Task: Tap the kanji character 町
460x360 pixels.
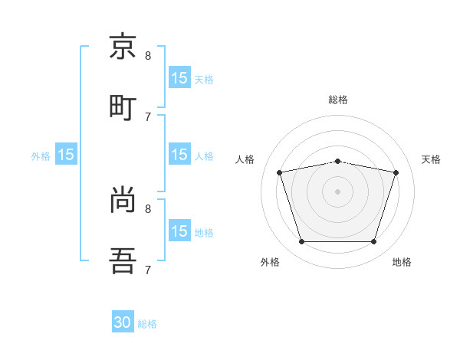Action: pyautogui.click(x=123, y=107)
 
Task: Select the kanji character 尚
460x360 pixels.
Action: pyautogui.click(x=123, y=200)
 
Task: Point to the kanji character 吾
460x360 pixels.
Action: pyautogui.click(x=123, y=260)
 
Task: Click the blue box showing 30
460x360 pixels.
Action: pyautogui.click(x=123, y=322)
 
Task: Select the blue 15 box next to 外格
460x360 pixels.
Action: pyautogui.click(x=66, y=155)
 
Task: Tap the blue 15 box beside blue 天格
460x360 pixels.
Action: pyautogui.click(x=179, y=77)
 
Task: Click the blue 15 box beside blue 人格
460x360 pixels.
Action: pyautogui.click(x=179, y=155)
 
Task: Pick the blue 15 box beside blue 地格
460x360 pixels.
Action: pyautogui.click(x=179, y=231)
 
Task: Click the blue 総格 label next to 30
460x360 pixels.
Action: pyautogui.click(x=147, y=324)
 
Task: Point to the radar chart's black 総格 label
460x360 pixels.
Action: pyautogui.click(x=338, y=100)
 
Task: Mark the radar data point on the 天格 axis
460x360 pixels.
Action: pyautogui.click(x=396, y=172)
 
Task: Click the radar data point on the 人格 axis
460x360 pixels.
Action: pyautogui.click(x=280, y=172)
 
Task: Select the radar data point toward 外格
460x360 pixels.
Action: pyautogui.click(x=301, y=242)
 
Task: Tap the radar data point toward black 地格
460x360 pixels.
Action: pyautogui.click(x=374, y=242)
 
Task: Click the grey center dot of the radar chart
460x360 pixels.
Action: pyautogui.click(x=338, y=191)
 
